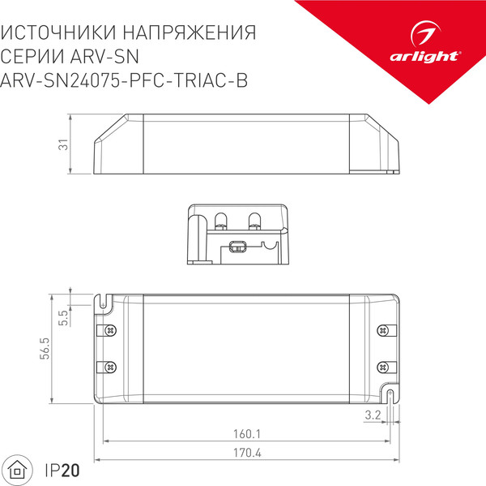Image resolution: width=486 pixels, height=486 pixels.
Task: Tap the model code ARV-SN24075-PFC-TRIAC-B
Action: [125, 80]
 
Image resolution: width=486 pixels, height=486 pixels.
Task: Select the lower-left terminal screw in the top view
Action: [111, 367]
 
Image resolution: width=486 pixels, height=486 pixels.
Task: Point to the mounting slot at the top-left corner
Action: [105, 301]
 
